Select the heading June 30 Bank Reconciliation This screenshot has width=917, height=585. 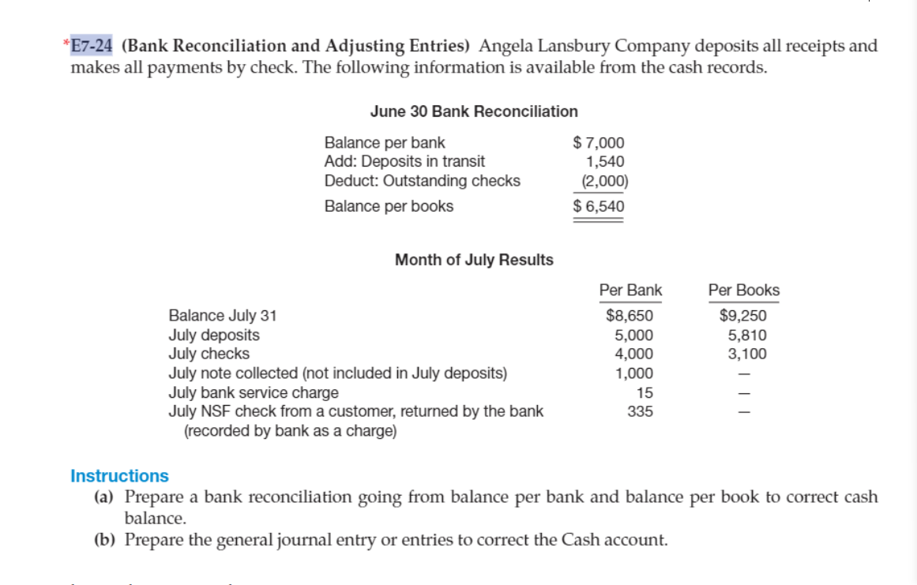point(474,111)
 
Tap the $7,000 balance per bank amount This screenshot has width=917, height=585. point(598,143)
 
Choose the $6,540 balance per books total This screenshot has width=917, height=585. point(598,206)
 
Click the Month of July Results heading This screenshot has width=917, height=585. point(474,260)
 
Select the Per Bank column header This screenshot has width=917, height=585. point(630,290)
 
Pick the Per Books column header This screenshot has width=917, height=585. point(743,290)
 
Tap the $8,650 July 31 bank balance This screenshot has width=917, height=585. point(629,316)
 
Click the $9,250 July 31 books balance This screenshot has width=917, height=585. point(743,316)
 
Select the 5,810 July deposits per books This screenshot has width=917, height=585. point(746,335)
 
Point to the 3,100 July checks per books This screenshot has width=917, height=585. point(746,354)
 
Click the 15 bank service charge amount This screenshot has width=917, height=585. point(645,392)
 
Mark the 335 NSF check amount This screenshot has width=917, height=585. point(640,411)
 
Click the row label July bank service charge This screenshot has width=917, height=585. point(254,392)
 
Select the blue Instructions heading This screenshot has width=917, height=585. point(119,476)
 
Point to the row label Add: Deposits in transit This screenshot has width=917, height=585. point(404,162)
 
